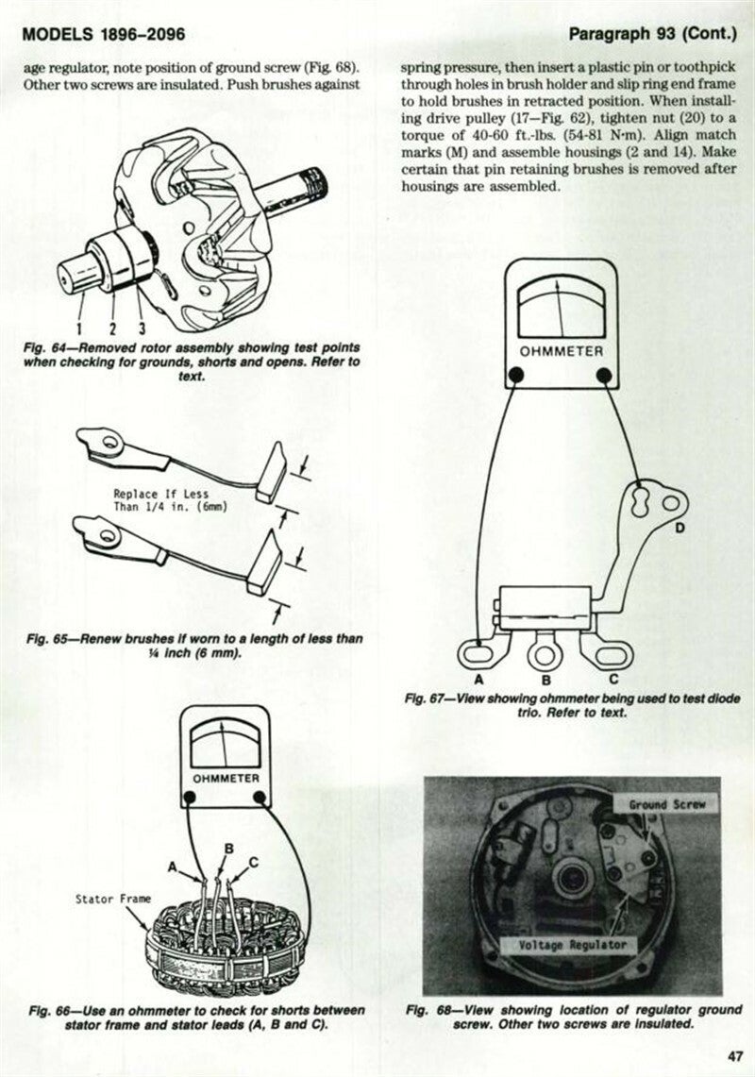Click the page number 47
[x=735, y=1055]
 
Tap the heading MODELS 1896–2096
[x=103, y=35]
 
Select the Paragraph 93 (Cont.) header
[x=651, y=35]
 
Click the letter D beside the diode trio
[x=679, y=529]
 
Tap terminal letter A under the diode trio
[x=478, y=679]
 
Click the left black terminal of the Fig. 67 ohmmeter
[x=516, y=376]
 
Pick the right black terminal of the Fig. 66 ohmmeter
[x=261, y=799]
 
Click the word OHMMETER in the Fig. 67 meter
[x=562, y=351]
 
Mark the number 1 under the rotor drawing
[x=81, y=328]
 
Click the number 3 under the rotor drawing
[x=141, y=328]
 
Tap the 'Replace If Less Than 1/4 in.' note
[x=170, y=499]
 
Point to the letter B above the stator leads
[x=227, y=849]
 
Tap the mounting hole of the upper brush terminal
[x=110, y=439]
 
